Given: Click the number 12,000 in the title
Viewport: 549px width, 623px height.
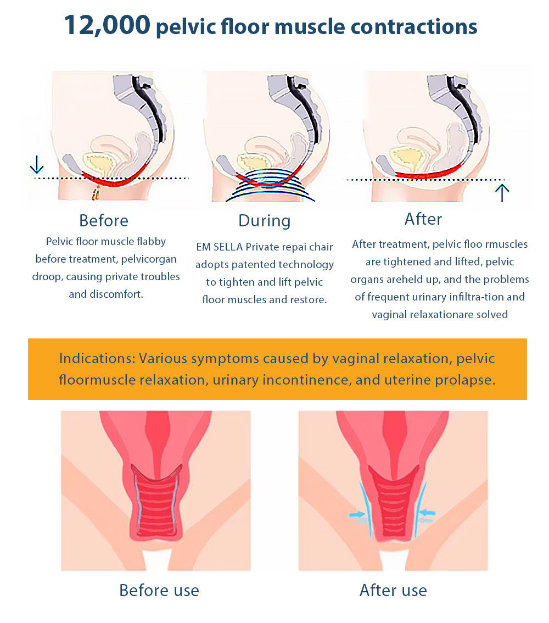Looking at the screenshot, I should point(107,25).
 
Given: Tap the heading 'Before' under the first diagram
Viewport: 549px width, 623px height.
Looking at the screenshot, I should point(103,220).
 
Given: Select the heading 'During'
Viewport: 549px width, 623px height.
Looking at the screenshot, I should point(264,221).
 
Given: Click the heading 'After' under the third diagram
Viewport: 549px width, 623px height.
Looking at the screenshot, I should point(423,219).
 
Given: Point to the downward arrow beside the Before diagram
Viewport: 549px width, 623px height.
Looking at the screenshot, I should point(36,164).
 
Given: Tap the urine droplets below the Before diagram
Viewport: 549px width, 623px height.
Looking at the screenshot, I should point(96,193).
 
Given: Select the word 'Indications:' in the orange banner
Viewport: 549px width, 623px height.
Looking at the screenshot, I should point(96,359).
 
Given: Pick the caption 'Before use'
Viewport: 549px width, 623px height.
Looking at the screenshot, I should point(159,590).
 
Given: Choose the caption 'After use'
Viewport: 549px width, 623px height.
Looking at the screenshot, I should point(393,590).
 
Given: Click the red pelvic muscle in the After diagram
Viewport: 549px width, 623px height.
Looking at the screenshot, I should point(428,175).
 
